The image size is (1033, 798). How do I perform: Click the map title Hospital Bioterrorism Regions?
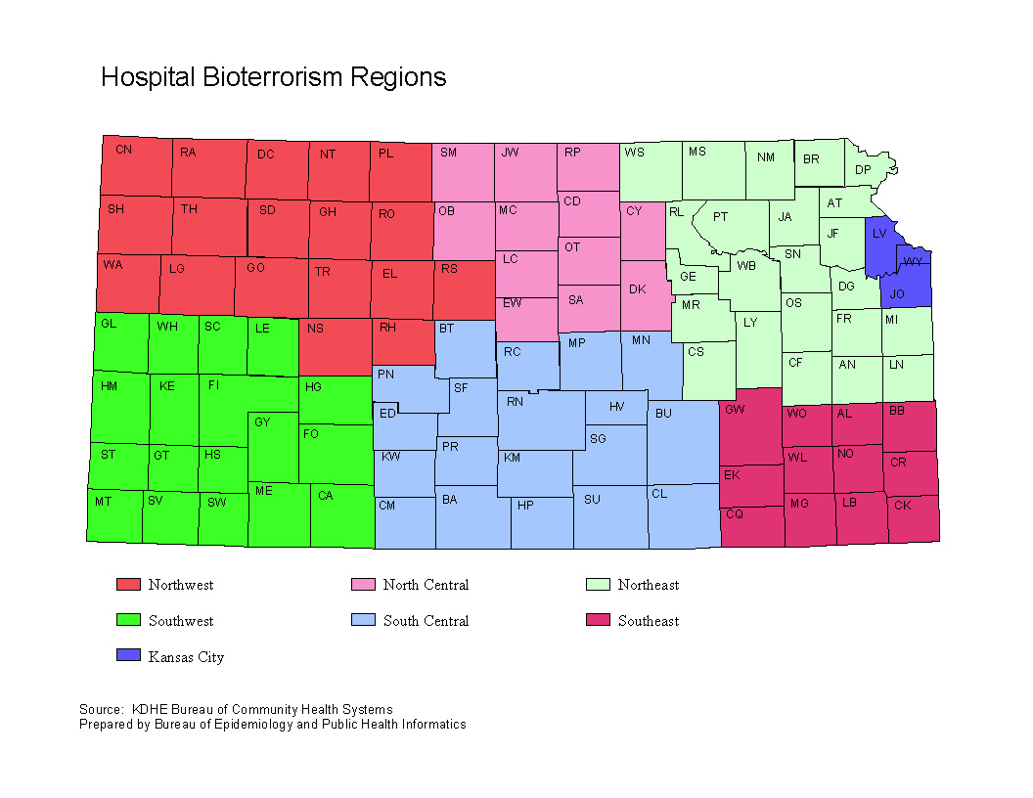274,77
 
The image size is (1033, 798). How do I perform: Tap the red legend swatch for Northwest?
128,585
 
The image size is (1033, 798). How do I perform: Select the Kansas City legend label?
186,657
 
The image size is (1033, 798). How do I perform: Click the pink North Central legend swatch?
363,585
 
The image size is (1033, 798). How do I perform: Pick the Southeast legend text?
648,621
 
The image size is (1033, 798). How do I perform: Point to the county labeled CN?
123,150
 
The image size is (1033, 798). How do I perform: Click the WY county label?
913,262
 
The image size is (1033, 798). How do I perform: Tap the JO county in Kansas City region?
897,293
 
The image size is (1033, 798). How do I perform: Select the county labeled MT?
103,501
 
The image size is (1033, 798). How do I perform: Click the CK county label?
902,506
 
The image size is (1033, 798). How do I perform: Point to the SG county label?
598,439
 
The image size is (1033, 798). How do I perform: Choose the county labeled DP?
863,170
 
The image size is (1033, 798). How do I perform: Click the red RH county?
387,329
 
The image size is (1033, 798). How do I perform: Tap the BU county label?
663,414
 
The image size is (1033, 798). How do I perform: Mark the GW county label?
735,410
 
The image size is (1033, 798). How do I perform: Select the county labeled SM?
448,153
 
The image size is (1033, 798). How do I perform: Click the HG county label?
313,387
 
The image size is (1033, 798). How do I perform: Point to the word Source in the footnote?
99,709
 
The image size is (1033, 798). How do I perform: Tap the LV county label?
879,233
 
